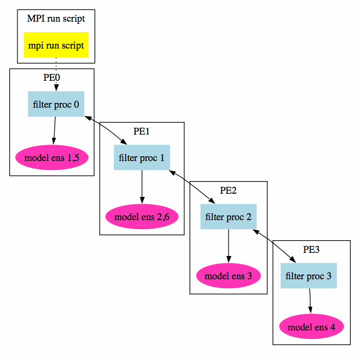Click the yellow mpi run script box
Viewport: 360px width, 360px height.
[56, 45]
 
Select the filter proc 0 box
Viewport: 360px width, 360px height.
[56, 104]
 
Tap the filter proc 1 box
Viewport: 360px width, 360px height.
[141, 157]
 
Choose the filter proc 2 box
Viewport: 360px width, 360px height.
[228, 216]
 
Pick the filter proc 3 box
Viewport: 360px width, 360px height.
[309, 276]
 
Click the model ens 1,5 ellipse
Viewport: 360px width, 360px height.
[52, 157]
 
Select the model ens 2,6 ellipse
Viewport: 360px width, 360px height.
[141, 216]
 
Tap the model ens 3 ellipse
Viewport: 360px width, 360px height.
[229, 275]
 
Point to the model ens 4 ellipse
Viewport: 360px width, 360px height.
[311, 327]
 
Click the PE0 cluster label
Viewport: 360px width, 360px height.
[52, 77]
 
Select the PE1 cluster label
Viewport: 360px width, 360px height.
[141, 131]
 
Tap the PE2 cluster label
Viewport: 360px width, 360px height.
[229, 190]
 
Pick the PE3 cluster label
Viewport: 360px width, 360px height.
[311, 249]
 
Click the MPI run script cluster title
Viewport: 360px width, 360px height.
[56, 18]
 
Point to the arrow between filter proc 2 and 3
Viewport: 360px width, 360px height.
[274, 246]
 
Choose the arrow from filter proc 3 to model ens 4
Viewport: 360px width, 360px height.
[310, 301]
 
